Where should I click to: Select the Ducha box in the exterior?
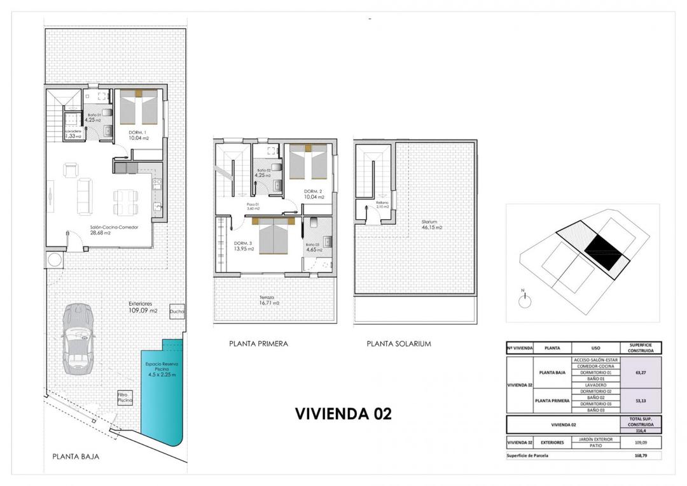tap(177, 311)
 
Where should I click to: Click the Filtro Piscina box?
tap(123, 397)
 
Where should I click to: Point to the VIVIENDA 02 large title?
tap(343, 413)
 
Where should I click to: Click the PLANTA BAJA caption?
tap(76, 456)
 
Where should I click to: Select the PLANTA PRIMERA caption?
tap(258, 343)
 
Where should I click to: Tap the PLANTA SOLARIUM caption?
tap(399, 343)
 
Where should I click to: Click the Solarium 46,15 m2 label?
tap(431, 225)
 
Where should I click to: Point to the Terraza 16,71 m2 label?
tap(270, 300)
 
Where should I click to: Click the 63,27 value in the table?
tap(641, 372)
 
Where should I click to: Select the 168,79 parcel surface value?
tap(641, 455)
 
